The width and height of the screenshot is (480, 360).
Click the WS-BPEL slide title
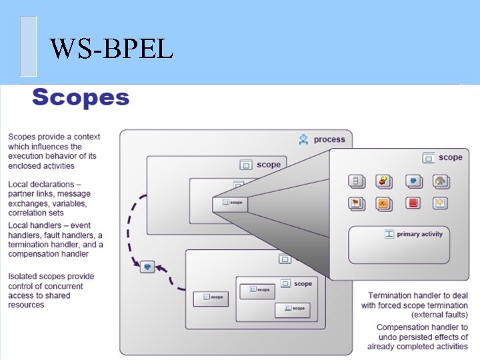[111, 48]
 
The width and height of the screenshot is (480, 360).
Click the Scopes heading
[80, 97]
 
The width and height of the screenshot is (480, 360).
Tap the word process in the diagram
[329, 139]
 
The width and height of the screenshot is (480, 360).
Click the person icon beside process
[304, 139]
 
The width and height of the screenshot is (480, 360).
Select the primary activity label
[419, 234]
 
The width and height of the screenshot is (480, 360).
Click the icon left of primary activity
[389, 234]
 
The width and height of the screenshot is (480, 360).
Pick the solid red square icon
[413, 203]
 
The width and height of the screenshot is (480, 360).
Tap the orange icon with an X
[383, 203]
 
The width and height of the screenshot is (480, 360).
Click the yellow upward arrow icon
[440, 203]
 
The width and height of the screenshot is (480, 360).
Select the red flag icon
[356, 203]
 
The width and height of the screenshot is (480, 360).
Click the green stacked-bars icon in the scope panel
[356, 181]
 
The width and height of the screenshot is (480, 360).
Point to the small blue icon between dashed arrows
[147, 267]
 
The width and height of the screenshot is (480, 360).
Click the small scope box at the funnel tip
[231, 201]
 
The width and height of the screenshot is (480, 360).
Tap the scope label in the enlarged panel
[450, 157]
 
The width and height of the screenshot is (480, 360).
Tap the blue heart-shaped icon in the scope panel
[413, 181]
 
